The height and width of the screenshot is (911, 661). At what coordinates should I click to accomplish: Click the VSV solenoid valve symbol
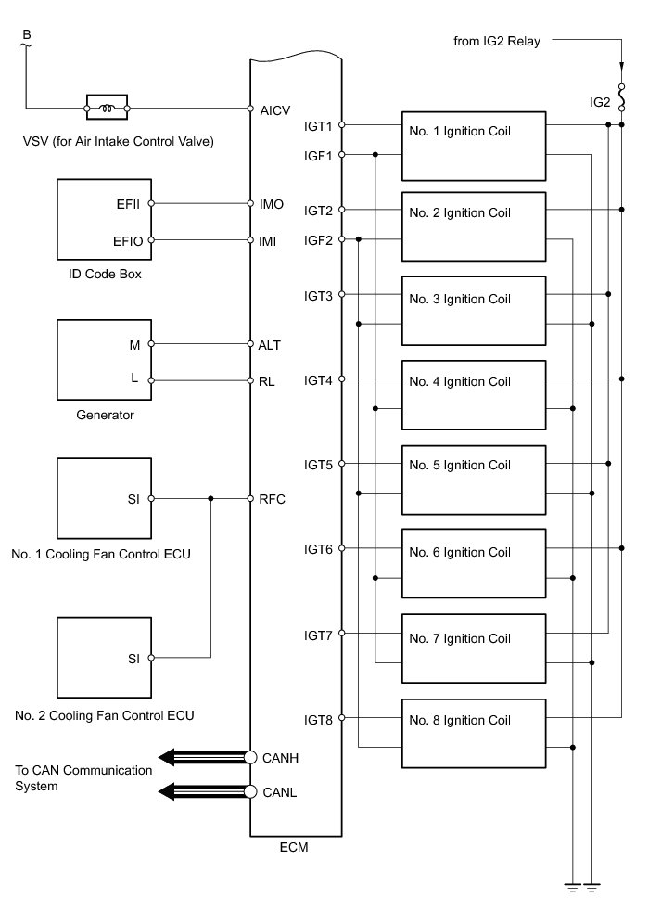[107, 109]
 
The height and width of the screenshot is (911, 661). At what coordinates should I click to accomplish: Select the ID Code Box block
[105, 220]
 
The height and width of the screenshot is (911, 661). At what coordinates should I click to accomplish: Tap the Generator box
[105, 359]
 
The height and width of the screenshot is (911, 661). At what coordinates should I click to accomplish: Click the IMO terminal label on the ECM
[272, 203]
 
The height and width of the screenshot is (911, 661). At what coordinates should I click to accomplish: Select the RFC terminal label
[273, 499]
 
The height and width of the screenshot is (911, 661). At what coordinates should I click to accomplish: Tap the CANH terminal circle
[250, 757]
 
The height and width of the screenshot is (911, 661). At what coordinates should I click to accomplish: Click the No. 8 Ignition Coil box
[473, 732]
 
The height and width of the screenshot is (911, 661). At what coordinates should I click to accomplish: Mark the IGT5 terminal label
[319, 464]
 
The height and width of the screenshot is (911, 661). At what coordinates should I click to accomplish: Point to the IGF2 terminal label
[319, 239]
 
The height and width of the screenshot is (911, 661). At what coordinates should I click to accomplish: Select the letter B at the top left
[26, 35]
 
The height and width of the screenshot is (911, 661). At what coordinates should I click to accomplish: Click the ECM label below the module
[294, 846]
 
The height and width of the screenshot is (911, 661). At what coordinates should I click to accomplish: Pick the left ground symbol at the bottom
[574, 887]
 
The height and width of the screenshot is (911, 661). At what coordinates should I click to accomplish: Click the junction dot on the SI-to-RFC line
[212, 499]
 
